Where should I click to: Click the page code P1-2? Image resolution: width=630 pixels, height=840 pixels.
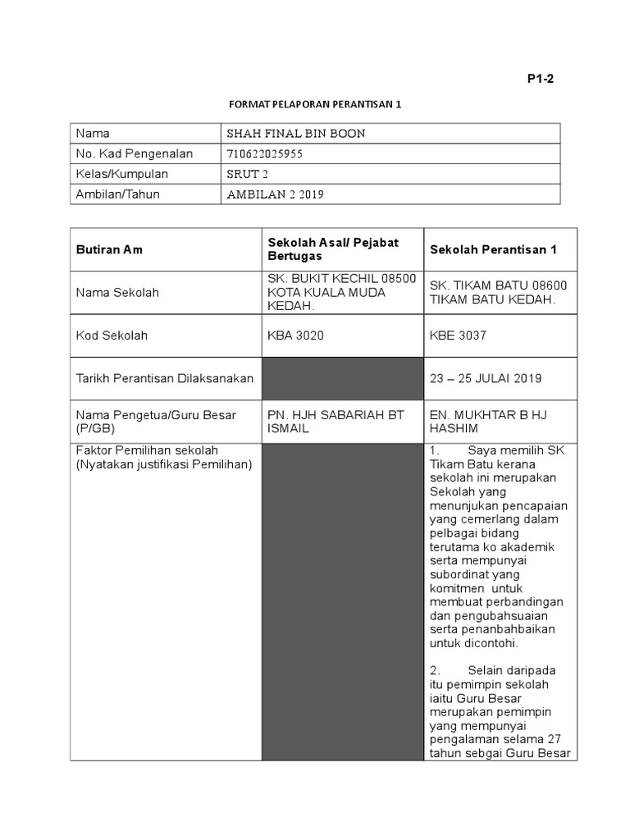(541, 79)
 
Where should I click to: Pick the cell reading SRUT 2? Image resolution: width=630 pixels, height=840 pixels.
(247, 174)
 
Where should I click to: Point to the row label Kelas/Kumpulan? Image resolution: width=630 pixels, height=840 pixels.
(121, 174)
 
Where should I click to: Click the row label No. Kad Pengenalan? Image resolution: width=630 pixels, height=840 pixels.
(134, 153)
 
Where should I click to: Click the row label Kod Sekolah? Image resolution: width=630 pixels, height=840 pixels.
(112, 336)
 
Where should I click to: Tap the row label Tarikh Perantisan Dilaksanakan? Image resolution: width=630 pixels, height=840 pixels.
(164, 378)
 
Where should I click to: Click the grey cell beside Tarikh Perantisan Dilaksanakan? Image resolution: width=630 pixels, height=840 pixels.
(343, 378)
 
